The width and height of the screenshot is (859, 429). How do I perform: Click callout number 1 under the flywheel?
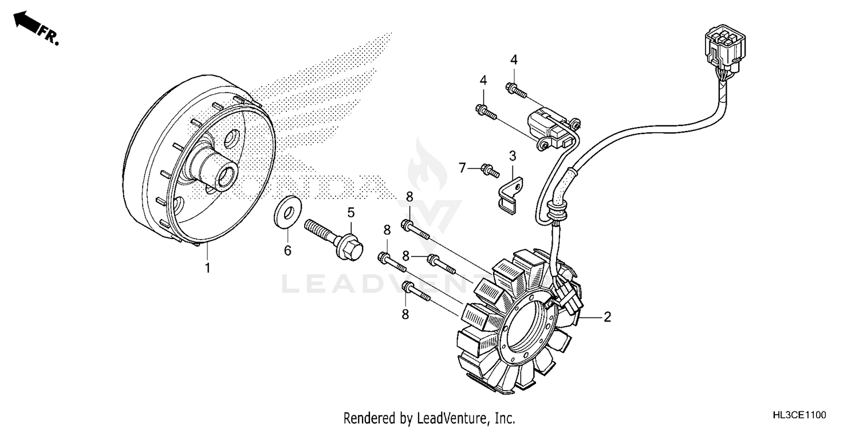208,268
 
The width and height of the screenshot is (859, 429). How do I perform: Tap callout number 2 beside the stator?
608,316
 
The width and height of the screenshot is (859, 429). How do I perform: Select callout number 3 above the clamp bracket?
513,155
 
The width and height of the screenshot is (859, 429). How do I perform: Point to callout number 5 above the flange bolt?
350,213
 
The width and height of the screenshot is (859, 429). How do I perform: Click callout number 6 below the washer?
288,251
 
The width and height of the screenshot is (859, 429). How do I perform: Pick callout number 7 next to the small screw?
462,168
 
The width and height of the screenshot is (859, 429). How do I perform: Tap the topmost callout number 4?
514,59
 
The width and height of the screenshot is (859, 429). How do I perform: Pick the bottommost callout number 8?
405,313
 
